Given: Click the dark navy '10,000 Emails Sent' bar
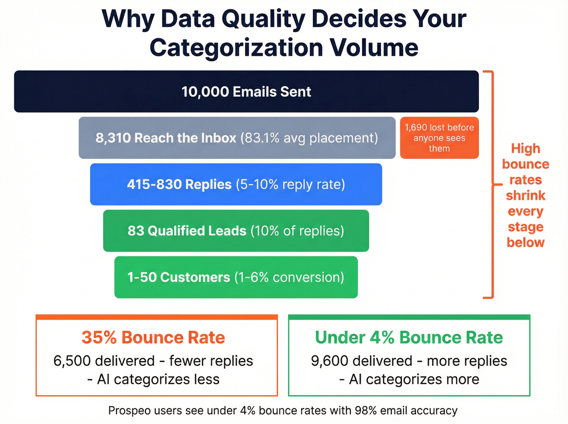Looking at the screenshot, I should click(x=246, y=92).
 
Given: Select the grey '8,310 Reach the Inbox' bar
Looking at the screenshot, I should click(x=237, y=138).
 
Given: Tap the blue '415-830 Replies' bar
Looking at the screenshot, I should click(x=236, y=185).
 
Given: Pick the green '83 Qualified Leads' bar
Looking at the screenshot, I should click(x=236, y=231).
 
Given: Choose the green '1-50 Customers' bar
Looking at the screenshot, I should click(x=236, y=278).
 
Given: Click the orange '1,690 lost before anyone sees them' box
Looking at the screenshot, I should click(x=439, y=138).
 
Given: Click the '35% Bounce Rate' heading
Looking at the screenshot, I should click(x=153, y=338).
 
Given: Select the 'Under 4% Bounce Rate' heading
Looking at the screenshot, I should click(x=409, y=338).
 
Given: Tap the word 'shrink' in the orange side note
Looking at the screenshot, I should click(x=525, y=196).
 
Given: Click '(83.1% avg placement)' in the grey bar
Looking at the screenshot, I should click(x=309, y=138).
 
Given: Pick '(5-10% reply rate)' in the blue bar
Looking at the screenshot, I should click(x=290, y=185).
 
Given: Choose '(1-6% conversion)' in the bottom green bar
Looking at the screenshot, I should click(x=289, y=278).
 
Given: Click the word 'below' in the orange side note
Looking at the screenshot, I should click(x=525, y=243).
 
